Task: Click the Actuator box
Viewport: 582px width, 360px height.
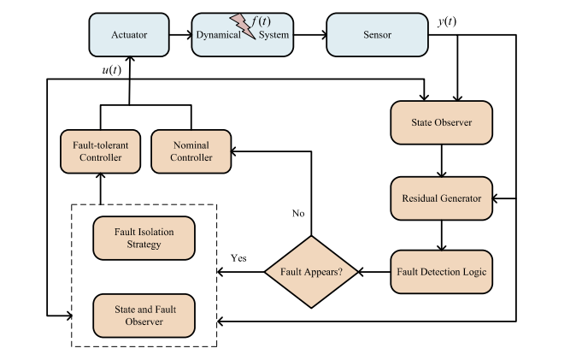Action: pyautogui.click(x=128, y=35)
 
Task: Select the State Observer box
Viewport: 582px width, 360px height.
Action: pyautogui.click(x=442, y=122)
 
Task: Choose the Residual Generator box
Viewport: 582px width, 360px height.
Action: pyautogui.click(x=442, y=198)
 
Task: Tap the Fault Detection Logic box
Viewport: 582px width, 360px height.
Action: pyautogui.click(x=442, y=273)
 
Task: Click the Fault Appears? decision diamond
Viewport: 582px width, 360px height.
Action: pyautogui.click(x=310, y=273)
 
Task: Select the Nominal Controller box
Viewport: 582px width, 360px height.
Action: pyautogui.click(x=191, y=150)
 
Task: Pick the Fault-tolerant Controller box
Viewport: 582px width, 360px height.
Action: pyautogui.click(x=99, y=150)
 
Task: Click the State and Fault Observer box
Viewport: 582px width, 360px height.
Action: pyautogui.click(x=144, y=315)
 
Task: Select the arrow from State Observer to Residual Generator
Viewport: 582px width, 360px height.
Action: pyautogui.click(x=442, y=160)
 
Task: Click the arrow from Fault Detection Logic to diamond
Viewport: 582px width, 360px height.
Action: pyautogui.click(x=373, y=273)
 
